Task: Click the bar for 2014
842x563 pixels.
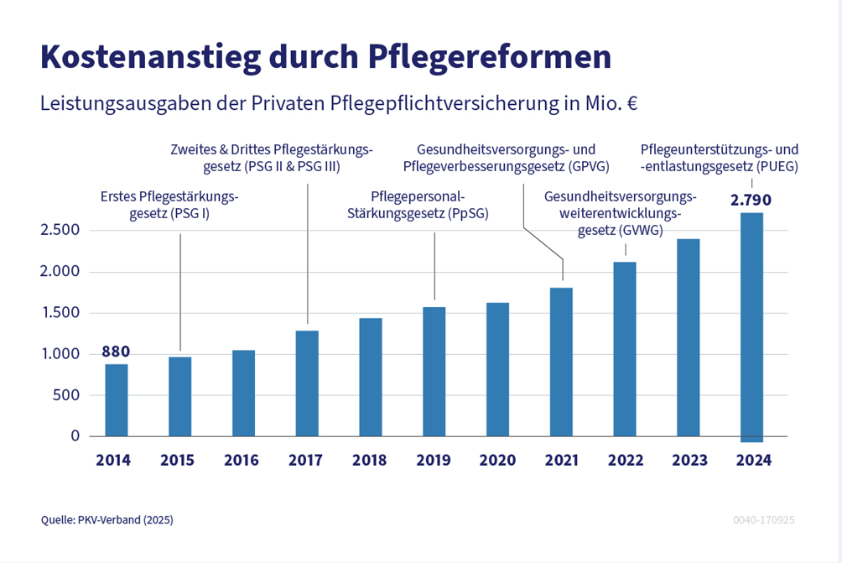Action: pyautogui.click(x=117, y=400)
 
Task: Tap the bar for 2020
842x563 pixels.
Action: pyautogui.click(x=497, y=369)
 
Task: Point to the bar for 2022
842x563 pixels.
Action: pyautogui.click(x=625, y=349)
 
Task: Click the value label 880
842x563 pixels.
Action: pyautogui.click(x=116, y=352)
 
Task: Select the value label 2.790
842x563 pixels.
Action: pyautogui.click(x=751, y=201)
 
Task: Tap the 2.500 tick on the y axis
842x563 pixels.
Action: pyautogui.click(x=60, y=231)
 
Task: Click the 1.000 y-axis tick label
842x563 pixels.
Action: pyautogui.click(x=60, y=354)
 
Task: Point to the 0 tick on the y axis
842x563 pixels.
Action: pyautogui.click(x=75, y=436)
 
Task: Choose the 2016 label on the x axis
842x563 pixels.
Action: pyautogui.click(x=242, y=461)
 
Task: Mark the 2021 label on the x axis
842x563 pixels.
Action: pyautogui.click(x=561, y=461)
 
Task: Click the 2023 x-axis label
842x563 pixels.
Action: pyautogui.click(x=689, y=461)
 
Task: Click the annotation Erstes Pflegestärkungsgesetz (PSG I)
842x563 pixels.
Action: pyautogui.click(x=169, y=206)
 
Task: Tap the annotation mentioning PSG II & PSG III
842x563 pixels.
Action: pyautogui.click(x=271, y=158)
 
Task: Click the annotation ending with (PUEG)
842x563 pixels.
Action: pyautogui.click(x=719, y=158)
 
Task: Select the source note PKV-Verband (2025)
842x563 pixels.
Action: pyautogui.click(x=107, y=520)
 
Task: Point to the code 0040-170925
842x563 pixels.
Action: pyautogui.click(x=763, y=520)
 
